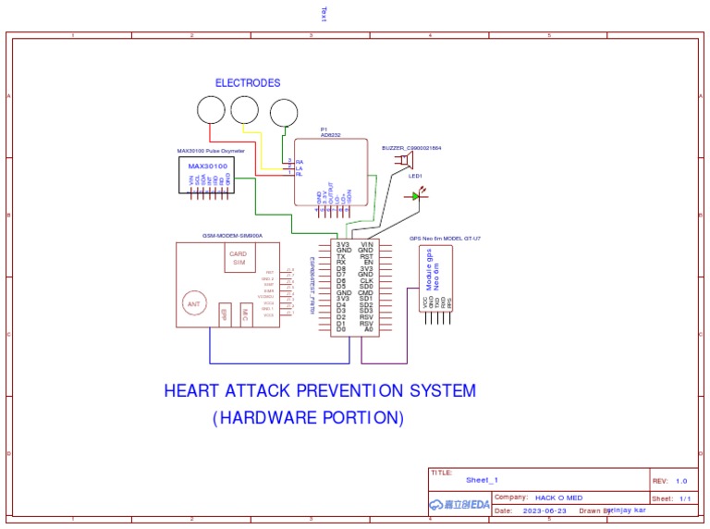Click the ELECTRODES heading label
click(248, 82)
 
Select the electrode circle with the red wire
click(211, 111)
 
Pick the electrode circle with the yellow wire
click(245, 110)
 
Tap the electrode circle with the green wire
click(284, 113)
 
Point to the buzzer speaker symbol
click(405, 161)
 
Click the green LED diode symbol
click(414, 196)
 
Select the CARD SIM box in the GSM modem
click(238, 258)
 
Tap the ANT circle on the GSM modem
click(194, 303)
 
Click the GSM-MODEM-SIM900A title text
click(232, 236)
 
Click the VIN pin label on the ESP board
click(366, 244)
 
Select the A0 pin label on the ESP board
click(367, 328)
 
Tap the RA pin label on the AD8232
click(299, 162)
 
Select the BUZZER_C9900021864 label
click(410, 148)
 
